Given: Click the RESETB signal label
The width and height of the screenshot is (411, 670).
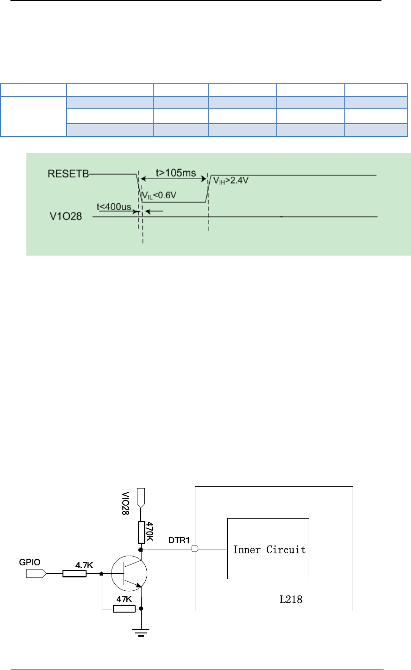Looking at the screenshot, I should point(68,174).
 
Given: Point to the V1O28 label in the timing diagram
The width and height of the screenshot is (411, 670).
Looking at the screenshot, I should point(66,216).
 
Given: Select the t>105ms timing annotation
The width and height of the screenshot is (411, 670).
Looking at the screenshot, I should point(175,173).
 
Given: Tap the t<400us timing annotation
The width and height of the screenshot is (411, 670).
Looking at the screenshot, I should point(114,207).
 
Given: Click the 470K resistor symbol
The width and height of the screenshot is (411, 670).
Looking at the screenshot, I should point(142,532).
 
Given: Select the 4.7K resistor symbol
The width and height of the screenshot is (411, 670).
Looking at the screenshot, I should point(75,574).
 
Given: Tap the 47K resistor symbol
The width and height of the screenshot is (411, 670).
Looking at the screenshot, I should point(124,608).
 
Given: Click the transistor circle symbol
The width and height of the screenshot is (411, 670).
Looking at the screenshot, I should point(129,573).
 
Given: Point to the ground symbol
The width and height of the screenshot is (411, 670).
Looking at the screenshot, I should point(141,632).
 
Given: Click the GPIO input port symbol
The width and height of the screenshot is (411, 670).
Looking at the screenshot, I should point(36,574).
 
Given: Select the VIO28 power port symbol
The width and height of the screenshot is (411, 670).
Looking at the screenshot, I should point(142,496).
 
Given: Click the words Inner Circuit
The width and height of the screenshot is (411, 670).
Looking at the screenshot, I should point(269,550).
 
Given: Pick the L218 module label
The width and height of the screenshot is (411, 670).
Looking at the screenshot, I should point(291,599).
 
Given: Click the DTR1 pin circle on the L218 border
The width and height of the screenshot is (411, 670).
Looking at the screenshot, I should point(195,550).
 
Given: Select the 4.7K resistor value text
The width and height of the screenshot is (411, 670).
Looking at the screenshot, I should point(84,565).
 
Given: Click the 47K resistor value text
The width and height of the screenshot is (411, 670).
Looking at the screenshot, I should point(124,599).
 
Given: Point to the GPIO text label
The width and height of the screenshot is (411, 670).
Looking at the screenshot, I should point(30,562).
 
